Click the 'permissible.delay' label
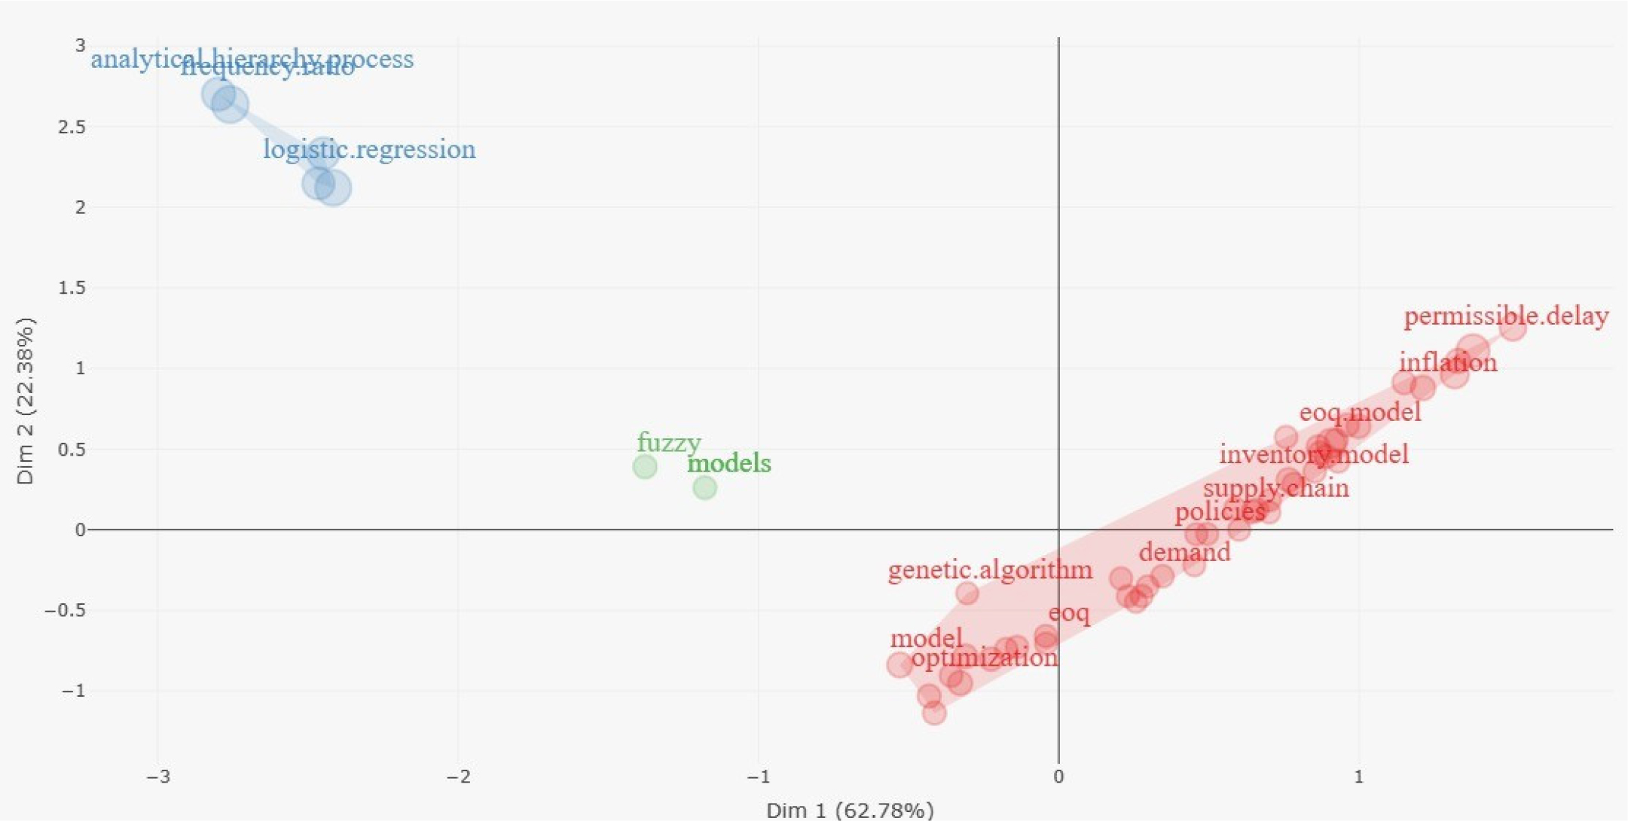1506,316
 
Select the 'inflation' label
1448,362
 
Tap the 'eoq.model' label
1360,412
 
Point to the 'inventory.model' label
1314,454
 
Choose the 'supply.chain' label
1275,488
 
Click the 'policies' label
1220,512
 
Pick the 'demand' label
1184,552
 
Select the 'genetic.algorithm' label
990,569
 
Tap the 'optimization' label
984,658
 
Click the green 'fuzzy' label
669,442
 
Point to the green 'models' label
729,463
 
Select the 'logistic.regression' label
369,149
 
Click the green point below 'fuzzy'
645,467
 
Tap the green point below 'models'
704,488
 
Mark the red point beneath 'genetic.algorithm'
967,594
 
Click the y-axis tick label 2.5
72,127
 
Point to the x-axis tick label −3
157,777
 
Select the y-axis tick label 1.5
72,288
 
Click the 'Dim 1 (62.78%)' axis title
850,810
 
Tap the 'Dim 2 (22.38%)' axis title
25,401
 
